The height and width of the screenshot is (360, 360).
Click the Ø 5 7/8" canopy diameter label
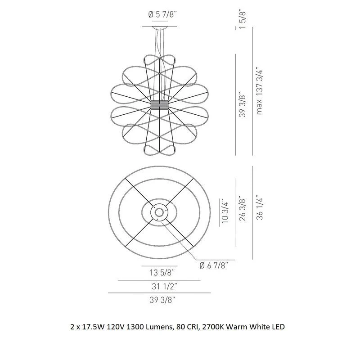pyautogui.click(x=162, y=15)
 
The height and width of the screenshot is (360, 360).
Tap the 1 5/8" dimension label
pyautogui.click(x=243, y=19)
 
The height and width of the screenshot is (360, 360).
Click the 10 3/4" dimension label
pyautogui.click(x=225, y=211)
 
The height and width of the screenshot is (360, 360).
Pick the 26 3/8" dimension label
pyautogui.click(x=243, y=208)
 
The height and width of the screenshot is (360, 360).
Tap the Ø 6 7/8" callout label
pyautogui.click(x=214, y=265)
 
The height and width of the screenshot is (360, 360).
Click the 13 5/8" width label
pyautogui.click(x=162, y=273)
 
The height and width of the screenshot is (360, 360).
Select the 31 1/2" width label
pyautogui.click(x=164, y=286)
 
